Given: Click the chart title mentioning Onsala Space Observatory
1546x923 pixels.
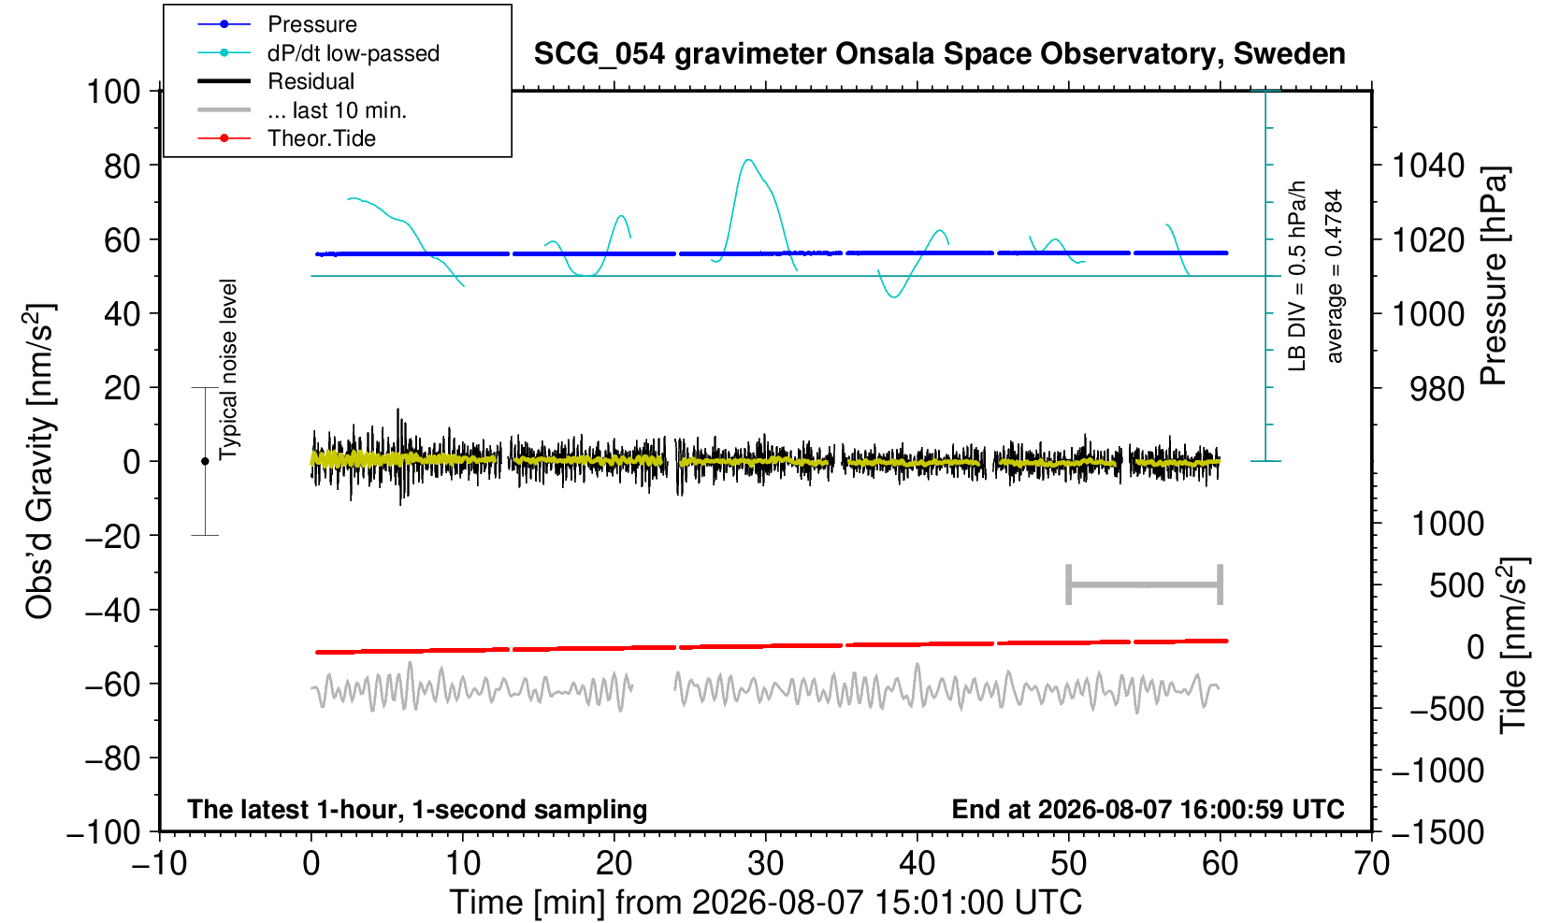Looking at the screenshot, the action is tap(939, 54).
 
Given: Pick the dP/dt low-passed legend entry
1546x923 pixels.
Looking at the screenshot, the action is tap(318, 53).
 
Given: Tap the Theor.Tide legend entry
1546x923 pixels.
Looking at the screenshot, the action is tap(286, 138).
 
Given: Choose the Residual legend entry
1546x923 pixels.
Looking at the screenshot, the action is tap(276, 81).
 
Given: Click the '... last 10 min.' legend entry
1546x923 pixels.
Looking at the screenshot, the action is tap(301, 110).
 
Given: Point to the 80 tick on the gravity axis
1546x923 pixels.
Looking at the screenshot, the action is tap(123, 166).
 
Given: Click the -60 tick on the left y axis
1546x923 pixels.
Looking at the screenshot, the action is tap(112, 685).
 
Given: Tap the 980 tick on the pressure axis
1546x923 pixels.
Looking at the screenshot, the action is tap(1437, 389).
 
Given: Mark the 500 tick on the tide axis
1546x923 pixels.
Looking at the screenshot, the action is tap(1456, 585).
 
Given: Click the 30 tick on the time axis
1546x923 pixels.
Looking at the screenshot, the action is tap(765, 864).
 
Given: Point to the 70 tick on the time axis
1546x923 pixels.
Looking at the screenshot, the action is tap(1371, 864).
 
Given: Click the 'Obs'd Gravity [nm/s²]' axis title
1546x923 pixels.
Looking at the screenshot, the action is tap(38, 461).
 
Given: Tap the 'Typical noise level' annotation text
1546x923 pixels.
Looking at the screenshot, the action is tap(228, 370).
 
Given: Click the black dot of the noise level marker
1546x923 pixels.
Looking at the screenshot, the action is tap(205, 461).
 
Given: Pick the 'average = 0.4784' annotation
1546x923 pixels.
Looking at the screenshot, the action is tap(1335, 276).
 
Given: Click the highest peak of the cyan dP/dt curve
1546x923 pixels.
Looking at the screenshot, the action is tap(748, 160).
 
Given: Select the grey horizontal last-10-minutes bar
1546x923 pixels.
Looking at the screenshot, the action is tap(1145, 584).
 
